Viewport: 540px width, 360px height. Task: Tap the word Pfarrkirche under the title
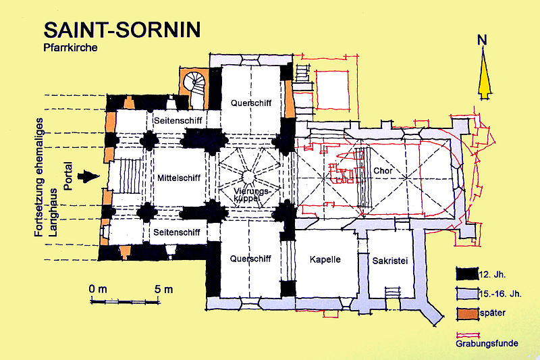tap(70, 47)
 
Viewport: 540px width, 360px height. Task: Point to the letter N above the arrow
tap(482, 40)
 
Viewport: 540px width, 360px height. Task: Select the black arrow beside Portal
tap(88, 177)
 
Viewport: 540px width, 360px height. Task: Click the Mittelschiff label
tap(179, 178)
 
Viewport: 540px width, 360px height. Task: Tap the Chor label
tap(383, 170)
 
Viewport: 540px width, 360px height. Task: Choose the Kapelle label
tap(325, 259)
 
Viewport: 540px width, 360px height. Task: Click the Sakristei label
tap(390, 261)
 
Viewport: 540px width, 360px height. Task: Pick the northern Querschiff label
tap(251, 103)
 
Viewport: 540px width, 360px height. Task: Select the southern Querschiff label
tap(250, 259)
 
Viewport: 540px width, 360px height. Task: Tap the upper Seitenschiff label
tap(178, 121)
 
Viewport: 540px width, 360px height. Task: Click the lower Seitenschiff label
tap(177, 232)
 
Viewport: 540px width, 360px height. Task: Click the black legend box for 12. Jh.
tap(467, 274)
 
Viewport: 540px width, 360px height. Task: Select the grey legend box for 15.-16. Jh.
tap(467, 294)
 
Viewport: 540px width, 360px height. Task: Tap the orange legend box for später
tap(467, 313)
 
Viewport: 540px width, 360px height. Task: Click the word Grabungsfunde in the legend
tap(487, 344)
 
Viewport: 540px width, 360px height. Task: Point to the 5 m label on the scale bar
tap(163, 289)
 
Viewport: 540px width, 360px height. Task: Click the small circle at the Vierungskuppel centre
tap(248, 177)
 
